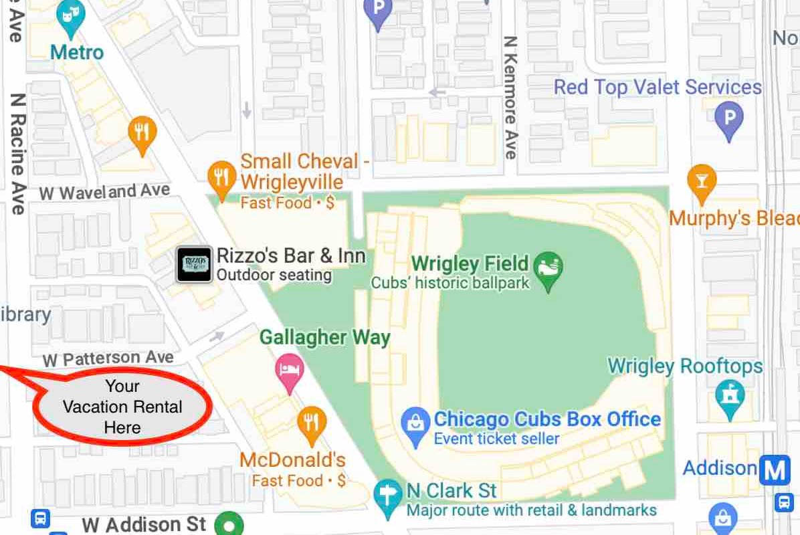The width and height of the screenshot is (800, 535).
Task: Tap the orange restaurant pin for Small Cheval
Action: pyautogui.click(x=221, y=177)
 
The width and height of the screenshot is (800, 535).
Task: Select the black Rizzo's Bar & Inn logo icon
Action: pyautogui.click(x=194, y=264)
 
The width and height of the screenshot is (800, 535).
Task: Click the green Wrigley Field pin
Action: pyautogui.click(x=549, y=268)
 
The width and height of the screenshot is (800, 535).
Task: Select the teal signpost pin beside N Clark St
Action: pyautogui.click(x=387, y=496)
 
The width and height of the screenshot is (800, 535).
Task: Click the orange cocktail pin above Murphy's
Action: pyautogui.click(x=702, y=181)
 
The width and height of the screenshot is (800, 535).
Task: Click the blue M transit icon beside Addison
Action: pyautogui.click(x=774, y=470)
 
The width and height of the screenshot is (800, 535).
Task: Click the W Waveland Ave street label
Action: pyautogui.click(x=105, y=193)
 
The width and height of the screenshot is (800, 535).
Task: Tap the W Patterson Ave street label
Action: pyautogui.click(x=108, y=358)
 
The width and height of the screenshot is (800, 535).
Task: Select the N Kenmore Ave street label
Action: pyautogui.click(x=511, y=98)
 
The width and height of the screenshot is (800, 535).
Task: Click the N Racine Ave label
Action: pyautogui.click(x=18, y=153)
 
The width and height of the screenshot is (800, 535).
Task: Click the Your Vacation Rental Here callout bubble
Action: pyautogui.click(x=122, y=407)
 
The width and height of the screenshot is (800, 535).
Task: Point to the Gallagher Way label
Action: pyautogui.click(x=324, y=337)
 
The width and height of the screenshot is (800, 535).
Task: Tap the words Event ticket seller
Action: pyautogui.click(x=496, y=439)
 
